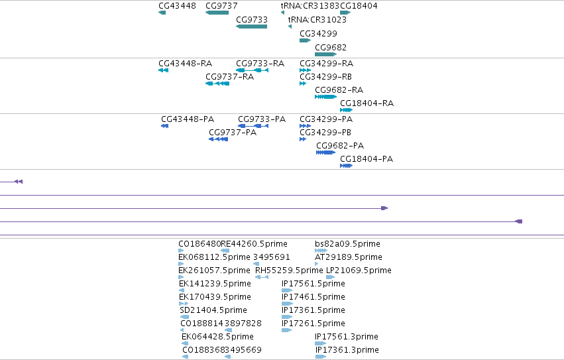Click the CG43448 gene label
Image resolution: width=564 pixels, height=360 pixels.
(x=178, y=6)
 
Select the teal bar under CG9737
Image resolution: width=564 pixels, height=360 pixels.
(x=217, y=13)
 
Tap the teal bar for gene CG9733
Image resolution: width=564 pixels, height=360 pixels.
(x=251, y=27)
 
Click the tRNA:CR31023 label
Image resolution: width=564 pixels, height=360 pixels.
(x=317, y=19)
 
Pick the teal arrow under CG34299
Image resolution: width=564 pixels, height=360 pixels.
(x=305, y=40)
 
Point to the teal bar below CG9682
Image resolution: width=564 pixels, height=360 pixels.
(x=325, y=54)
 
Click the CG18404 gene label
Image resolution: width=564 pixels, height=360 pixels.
(x=359, y=6)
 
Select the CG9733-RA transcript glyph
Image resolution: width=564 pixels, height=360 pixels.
(x=252, y=70)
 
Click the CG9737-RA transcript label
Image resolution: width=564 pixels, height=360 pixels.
(x=230, y=77)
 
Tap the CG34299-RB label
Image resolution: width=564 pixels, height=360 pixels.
(x=326, y=77)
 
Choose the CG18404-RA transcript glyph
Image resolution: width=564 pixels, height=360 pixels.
(x=346, y=110)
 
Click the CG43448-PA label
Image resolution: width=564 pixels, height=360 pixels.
(x=188, y=119)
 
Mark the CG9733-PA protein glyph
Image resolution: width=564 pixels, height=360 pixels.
(x=253, y=126)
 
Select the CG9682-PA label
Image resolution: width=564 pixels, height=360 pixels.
(x=340, y=146)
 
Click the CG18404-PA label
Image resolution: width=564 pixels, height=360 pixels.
(x=367, y=159)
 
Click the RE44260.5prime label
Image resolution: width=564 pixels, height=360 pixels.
(x=254, y=244)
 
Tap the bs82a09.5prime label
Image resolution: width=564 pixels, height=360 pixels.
(x=347, y=244)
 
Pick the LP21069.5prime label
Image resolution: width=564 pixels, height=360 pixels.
(x=359, y=270)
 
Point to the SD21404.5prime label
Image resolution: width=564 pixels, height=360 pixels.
(x=213, y=310)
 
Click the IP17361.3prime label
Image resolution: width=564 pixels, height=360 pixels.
(x=347, y=350)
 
